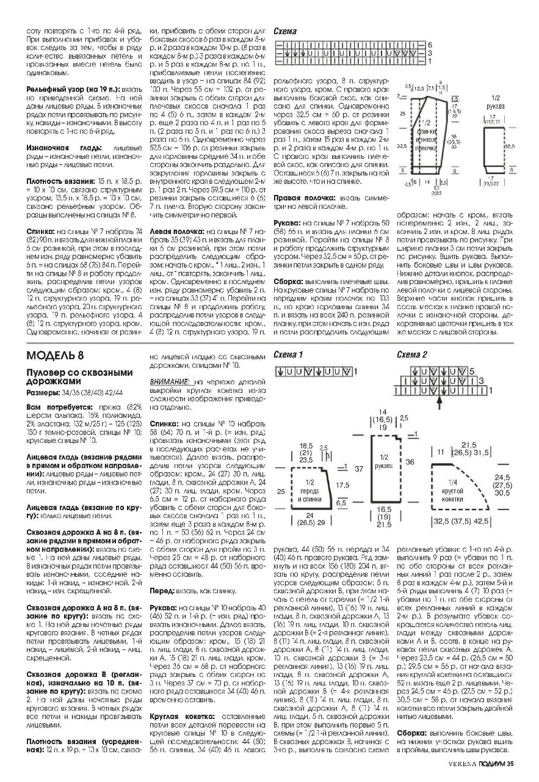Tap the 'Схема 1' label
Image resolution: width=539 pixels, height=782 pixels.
[288, 354]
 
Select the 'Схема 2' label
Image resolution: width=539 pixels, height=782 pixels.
[412, 354]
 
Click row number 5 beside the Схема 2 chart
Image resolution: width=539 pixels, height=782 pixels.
[471, 371]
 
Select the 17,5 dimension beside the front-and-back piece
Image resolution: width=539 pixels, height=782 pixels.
[343, 485]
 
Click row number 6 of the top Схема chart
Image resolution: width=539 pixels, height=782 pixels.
[430, 45]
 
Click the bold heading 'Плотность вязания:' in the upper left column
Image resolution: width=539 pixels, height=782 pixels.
[54, 181]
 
